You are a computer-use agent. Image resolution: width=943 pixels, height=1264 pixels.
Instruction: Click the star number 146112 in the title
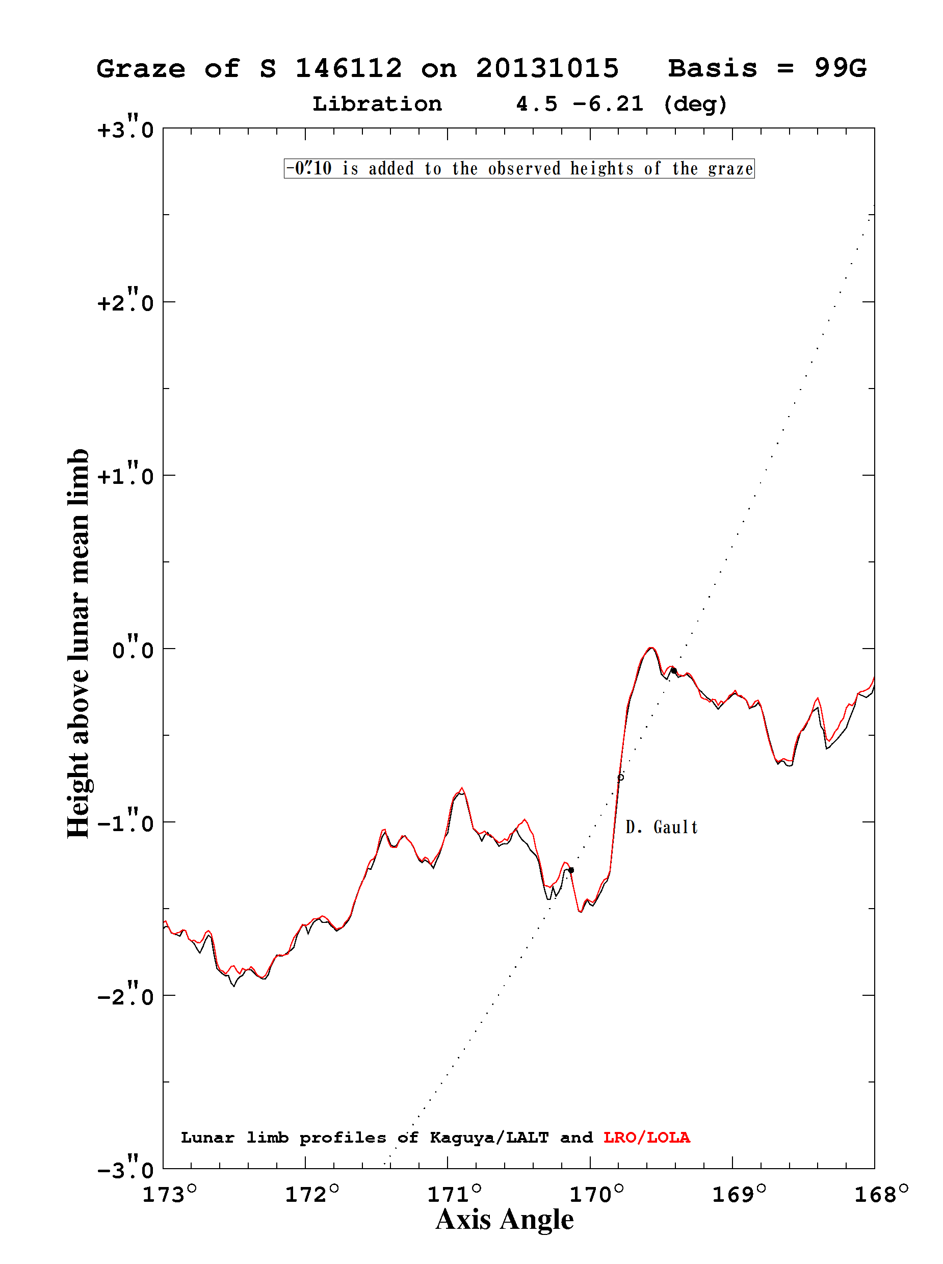349,68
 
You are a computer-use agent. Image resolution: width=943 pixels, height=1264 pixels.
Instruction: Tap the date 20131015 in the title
547,68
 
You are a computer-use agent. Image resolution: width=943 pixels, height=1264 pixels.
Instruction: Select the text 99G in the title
840,68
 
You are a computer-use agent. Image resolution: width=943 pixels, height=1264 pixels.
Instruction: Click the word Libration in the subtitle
377,104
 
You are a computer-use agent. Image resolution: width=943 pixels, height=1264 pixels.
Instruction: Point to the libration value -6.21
608,104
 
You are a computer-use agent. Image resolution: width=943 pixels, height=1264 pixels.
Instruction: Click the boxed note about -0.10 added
519,168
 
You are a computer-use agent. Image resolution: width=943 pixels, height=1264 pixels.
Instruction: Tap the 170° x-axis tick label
596,1194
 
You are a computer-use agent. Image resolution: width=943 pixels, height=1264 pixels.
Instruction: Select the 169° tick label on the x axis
739,1194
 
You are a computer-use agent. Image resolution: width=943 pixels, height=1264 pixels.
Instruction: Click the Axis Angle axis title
505,1220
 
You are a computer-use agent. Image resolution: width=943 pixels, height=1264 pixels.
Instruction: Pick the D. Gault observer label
662,827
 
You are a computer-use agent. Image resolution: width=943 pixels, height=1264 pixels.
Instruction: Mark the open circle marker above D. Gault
621,777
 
